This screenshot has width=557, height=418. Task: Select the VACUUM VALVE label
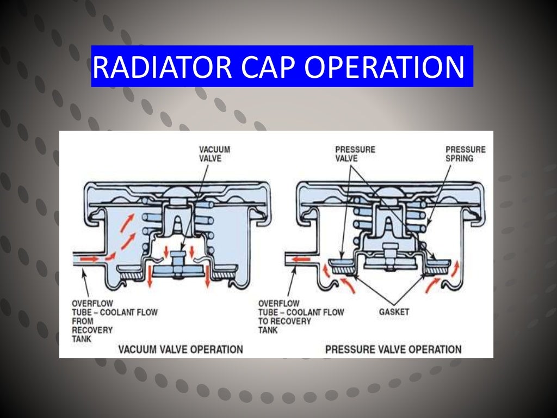[x=214, y=153]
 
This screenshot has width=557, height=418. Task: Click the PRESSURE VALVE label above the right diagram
[x=355, y=153]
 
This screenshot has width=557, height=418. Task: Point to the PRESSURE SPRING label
[x=465, y=153]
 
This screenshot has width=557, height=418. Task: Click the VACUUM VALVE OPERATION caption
[x=180, y=349]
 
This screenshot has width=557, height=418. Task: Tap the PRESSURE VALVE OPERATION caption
[x=393, y=349]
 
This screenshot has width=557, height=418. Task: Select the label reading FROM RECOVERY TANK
[x=92, y=330]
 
